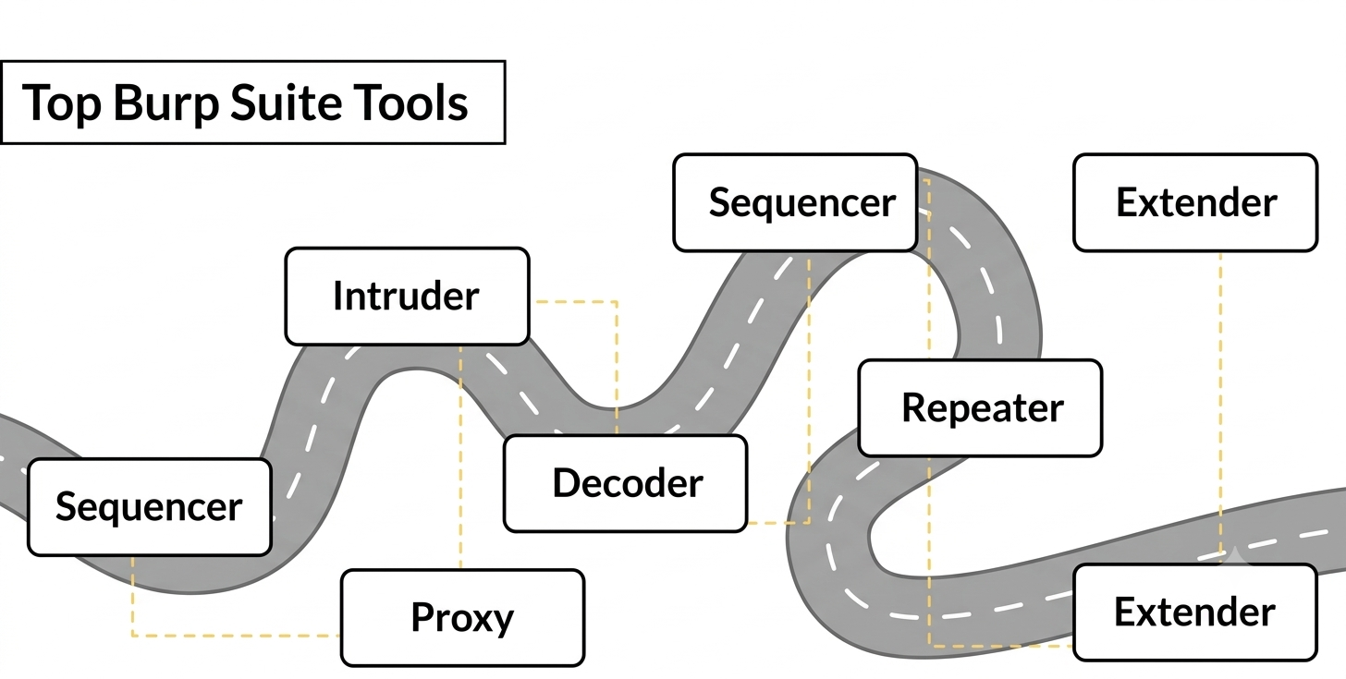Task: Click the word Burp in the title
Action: [x=165, y=103]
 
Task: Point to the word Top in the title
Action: [x=62, y=103]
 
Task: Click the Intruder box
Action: [x=408, y=296]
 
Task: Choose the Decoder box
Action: [x=626, y=483]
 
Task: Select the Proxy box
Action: [x=462, y=618]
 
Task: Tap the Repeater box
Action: [x=980, y=408]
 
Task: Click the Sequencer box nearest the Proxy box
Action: [x=150, y=507]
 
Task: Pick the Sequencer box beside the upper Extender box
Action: [x=795, y=202]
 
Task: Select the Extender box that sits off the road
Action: [x=1196, y=202]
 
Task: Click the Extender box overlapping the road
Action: [x=1195, y=612]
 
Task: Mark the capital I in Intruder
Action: [x=337, y=296]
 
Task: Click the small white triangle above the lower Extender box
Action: [x=1233, y=556]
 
